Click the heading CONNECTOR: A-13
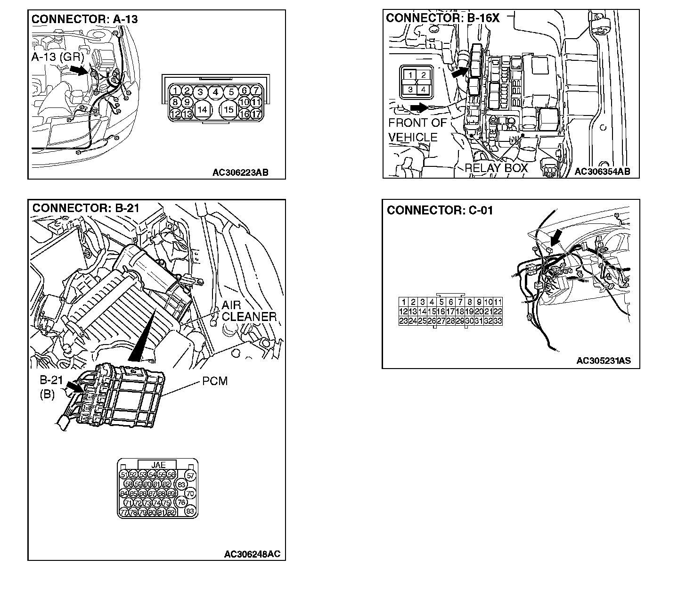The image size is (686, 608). pyautogui.click(x=84, y=19)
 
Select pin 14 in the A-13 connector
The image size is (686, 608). pyautogui.click(x=202, y=109)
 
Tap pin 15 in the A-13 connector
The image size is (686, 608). pyautogui.click(x=229, y=109)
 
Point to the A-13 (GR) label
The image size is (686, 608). pyautogui.click(x=57, y=58)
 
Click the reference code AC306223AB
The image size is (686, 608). pyautogui.click(x=240, y=173)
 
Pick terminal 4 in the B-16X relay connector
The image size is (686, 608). pyautogui.click(x=424, y=89)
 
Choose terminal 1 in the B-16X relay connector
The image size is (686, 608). pyautogui.click(x=411, y=75)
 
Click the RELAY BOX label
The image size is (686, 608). pyautogui.click(x=496, y=168)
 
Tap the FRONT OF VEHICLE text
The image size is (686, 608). pyautogui.click(x=417, y=130)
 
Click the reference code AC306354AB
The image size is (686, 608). pyautogui.click(x=602, y=172)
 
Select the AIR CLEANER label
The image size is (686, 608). pyautogui.click(x=249, y=311)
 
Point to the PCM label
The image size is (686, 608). pyautogui.click(x=215, y=381)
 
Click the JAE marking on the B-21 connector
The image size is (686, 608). pyautogui.click(x=158, y=465)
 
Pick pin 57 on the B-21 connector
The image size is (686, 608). pyautogui.click(x=190, y=476)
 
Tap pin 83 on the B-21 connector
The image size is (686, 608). pyautogui.click(x=190, y=511)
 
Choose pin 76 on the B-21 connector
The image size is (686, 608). pyautogui.click(x=181, y=502)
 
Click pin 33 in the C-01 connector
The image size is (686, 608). pyautogui.click(x=498, y=321)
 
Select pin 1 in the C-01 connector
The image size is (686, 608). pyautogui.click(x=404, y=302)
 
